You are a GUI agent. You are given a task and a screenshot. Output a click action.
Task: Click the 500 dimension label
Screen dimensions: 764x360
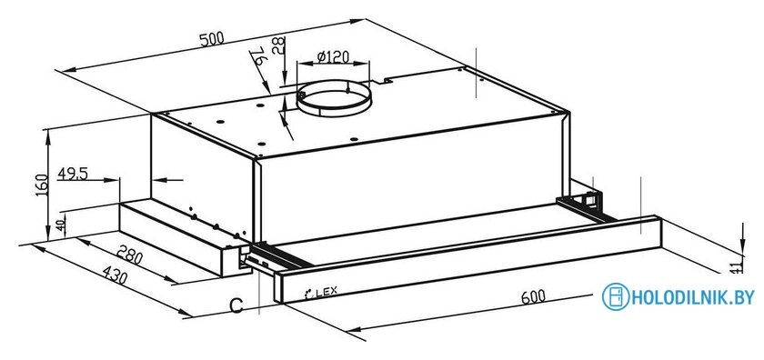pyautogui.click(x=213, y=38)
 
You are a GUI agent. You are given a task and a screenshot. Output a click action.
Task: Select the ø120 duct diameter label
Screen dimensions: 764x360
pyautogui.click(x=333, y=56)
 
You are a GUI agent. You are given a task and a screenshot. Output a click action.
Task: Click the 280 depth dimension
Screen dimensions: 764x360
pyautogui.click(x=130, y=254)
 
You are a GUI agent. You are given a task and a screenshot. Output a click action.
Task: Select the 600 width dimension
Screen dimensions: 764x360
pyautogui.click(x=533, y=296)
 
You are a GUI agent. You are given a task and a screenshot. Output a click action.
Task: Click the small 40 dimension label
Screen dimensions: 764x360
pyautogui.click(x=60, y=225)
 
